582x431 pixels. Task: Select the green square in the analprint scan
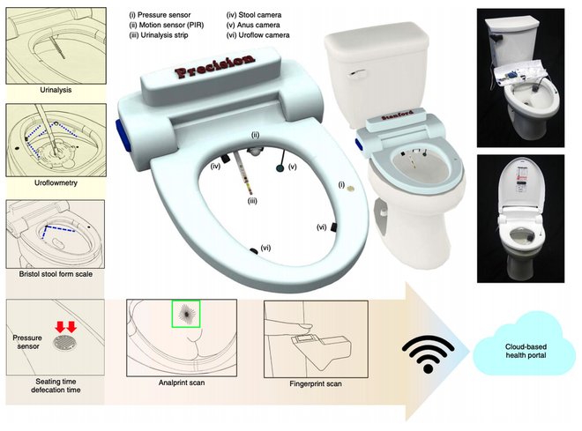186,314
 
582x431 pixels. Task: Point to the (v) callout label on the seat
292,165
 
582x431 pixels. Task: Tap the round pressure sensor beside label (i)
350,187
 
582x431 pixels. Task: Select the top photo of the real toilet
524,76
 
